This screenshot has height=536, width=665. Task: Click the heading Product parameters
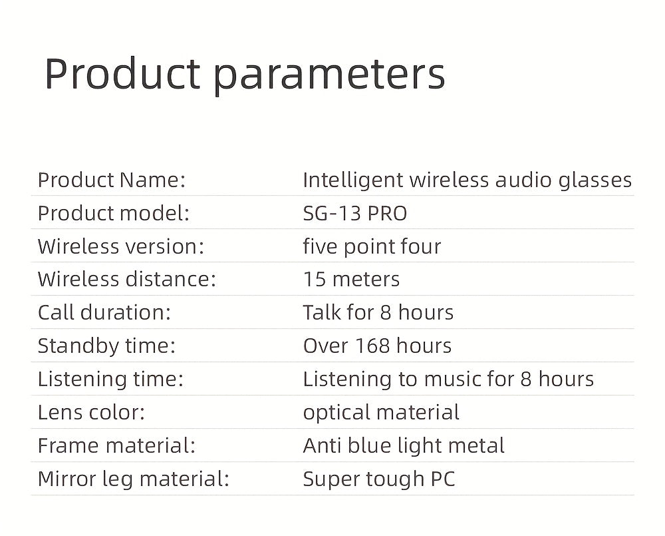click(244, 75)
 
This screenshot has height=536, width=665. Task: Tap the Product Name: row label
click(111, 180)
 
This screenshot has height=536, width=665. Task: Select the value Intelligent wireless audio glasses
click(467, 180)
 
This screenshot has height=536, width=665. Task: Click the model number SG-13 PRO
click(354, 213)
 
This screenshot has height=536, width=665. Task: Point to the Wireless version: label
click(120, 246)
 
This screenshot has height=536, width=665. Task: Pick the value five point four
click(372, 246)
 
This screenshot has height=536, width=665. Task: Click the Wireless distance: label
click(126, 279)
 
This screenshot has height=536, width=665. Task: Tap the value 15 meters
click(351, 279)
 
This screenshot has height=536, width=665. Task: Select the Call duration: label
click(104, 312)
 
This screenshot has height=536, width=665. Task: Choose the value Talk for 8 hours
click(378, 312)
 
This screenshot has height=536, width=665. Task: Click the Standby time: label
click(106, 346)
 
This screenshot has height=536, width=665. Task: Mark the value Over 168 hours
click(377, 346)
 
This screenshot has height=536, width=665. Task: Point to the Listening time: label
click(110, 379)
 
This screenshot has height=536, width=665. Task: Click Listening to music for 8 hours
click(448, 379)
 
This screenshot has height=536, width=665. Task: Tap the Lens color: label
click(91, 412)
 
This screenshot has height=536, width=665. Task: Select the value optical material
click(381, 412)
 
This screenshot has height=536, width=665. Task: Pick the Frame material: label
click(116, 445)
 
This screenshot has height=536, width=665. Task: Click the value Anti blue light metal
click(404, 445)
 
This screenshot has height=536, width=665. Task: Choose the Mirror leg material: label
click(133, 479)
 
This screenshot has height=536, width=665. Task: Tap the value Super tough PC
click(379, 479)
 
